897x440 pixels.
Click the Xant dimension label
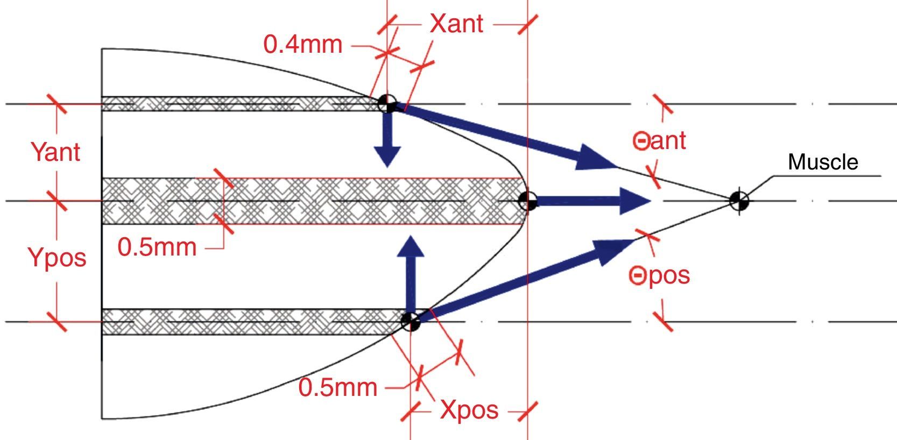(x=456, y=24)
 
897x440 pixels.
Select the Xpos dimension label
(x=469, y=410)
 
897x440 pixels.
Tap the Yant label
(x=56, y=152)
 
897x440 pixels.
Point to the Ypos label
(x=57, y=258)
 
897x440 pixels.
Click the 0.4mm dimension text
(x=303, y=45)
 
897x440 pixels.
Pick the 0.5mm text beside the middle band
(x=157, y=247)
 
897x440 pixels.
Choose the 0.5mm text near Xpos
(x=337, y=387)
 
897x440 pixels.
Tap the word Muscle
(x=823, y=162)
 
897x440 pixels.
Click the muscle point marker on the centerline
(x=739, y=201)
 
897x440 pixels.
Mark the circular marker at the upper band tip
(x=387, y=102)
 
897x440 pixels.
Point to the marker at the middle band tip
(x=527, y=201)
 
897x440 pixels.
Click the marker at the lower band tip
(x=411, y=322)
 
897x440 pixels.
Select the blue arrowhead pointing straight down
(x=387, y=156)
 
